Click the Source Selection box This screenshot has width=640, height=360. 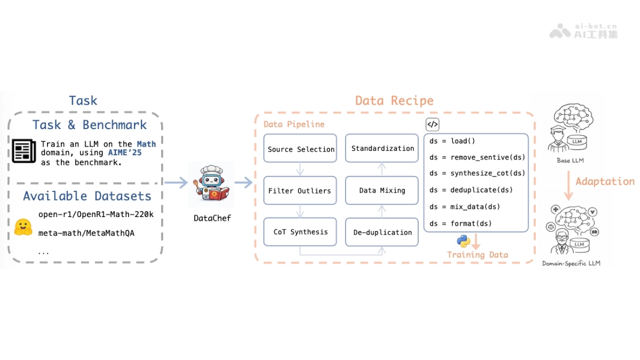click(x=301, y=149)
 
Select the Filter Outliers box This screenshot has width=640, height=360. click(x=300, y=190)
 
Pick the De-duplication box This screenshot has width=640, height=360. click(x=382, y=232)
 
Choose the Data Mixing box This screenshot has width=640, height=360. click(x=382, y=190)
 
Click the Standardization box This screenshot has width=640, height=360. click(x=382, y=149)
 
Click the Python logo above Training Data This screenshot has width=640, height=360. click(x=463, y=241)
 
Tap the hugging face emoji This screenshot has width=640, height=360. click(x=23, y=227)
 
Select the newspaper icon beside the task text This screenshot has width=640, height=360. click(x=25, y=151)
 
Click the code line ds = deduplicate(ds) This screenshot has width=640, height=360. click(x=471, y=190)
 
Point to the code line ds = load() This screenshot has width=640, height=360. click(x=452, y=141)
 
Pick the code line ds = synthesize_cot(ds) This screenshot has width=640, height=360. click(x=477, y=173)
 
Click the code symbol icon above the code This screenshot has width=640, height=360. click(x=433, y=125)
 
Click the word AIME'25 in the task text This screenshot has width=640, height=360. click(x=125, y=153)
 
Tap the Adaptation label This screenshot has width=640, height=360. click(x=605, y=181)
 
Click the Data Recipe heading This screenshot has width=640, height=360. click(x=394, y=101)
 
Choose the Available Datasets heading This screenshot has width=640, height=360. click(x=87, y=196)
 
